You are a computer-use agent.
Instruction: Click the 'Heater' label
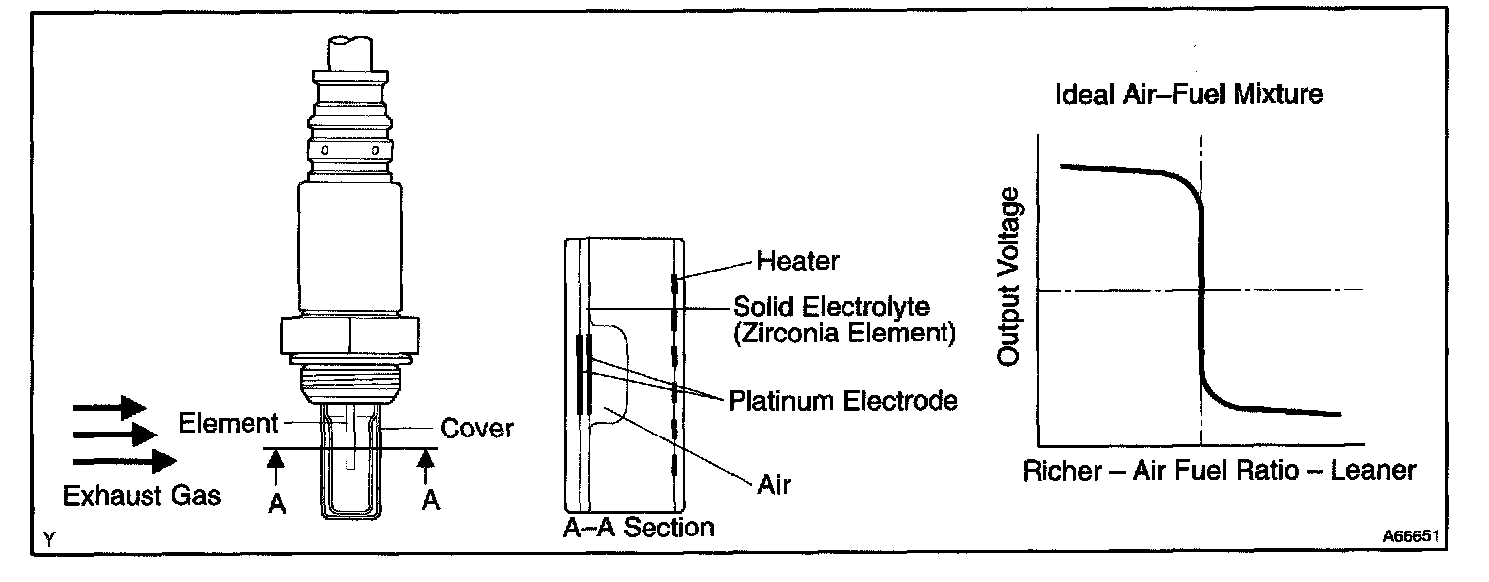797,261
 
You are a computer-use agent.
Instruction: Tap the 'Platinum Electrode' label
843,401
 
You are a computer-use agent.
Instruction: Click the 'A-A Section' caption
639,527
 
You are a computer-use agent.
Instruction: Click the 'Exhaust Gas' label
142,495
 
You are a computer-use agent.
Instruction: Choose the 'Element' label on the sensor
228,424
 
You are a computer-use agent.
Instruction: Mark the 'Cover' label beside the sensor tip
476,428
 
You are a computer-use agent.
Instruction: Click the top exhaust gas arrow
110,407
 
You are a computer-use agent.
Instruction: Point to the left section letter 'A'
278,503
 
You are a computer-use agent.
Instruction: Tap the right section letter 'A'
430,501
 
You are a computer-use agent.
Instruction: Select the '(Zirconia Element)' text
843,333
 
